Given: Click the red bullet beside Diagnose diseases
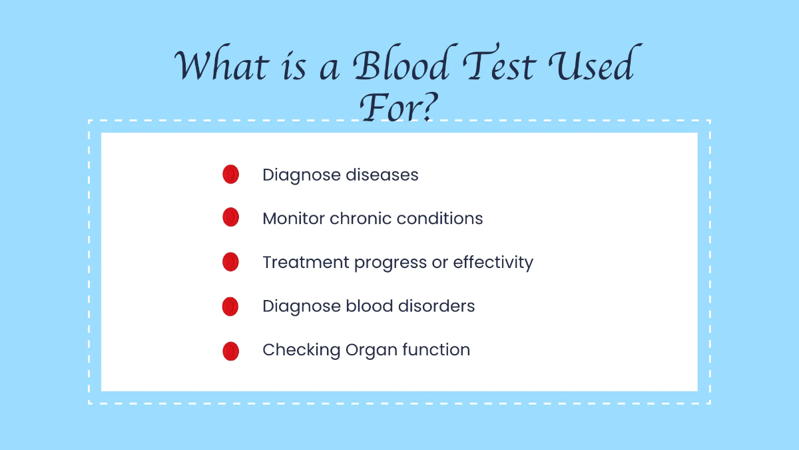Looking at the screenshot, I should [230, 175].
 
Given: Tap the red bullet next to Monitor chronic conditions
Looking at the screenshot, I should [230, 218].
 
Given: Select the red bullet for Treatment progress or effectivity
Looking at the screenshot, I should [230, 262].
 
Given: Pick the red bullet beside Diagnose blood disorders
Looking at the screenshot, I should [230, 306].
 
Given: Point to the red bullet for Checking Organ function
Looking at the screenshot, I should [230, 350].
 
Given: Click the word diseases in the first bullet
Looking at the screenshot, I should [382, 175].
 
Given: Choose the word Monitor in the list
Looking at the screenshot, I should [294, 219].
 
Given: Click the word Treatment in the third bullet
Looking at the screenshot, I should [306, 263].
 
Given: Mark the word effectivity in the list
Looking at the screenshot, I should [493, 263].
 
